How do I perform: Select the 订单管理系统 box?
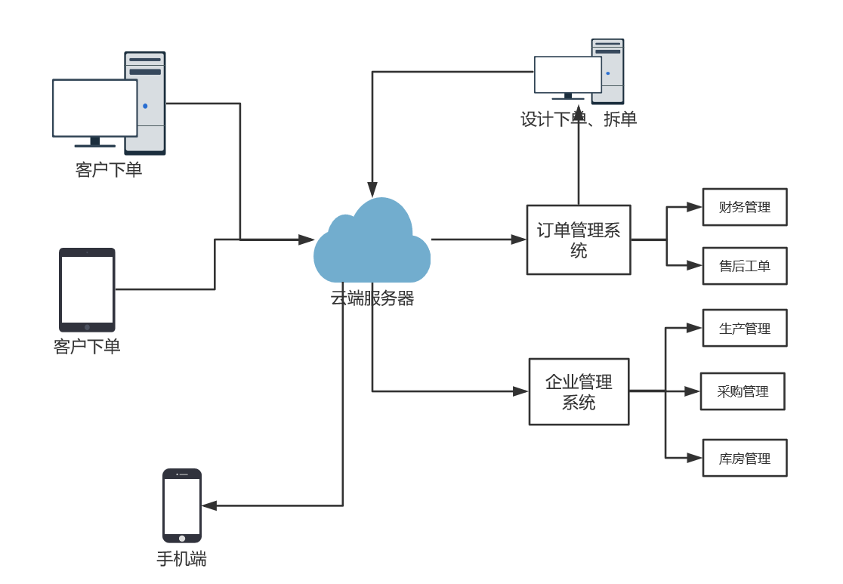[578, 239]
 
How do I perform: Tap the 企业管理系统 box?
[579, 391]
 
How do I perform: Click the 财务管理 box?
[744, 207]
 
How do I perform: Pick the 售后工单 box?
[744, 266]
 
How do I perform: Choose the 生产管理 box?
[744, 328]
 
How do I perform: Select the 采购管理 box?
[742, 391]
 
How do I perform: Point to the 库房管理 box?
[744, 458]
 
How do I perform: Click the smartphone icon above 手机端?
[182, 505]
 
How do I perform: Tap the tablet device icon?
[87, 289]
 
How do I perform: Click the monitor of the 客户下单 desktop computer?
[94, 108]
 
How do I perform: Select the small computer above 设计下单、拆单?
[578, 73]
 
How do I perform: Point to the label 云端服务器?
[372, 298]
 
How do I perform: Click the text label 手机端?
[181, 559]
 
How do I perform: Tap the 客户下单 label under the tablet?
[87, 347]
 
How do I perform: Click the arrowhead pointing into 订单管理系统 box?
[519, 239]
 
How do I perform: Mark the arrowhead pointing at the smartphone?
[209, 505]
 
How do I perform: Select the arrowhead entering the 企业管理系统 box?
[520, 391]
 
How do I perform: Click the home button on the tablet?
[87, 327]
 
